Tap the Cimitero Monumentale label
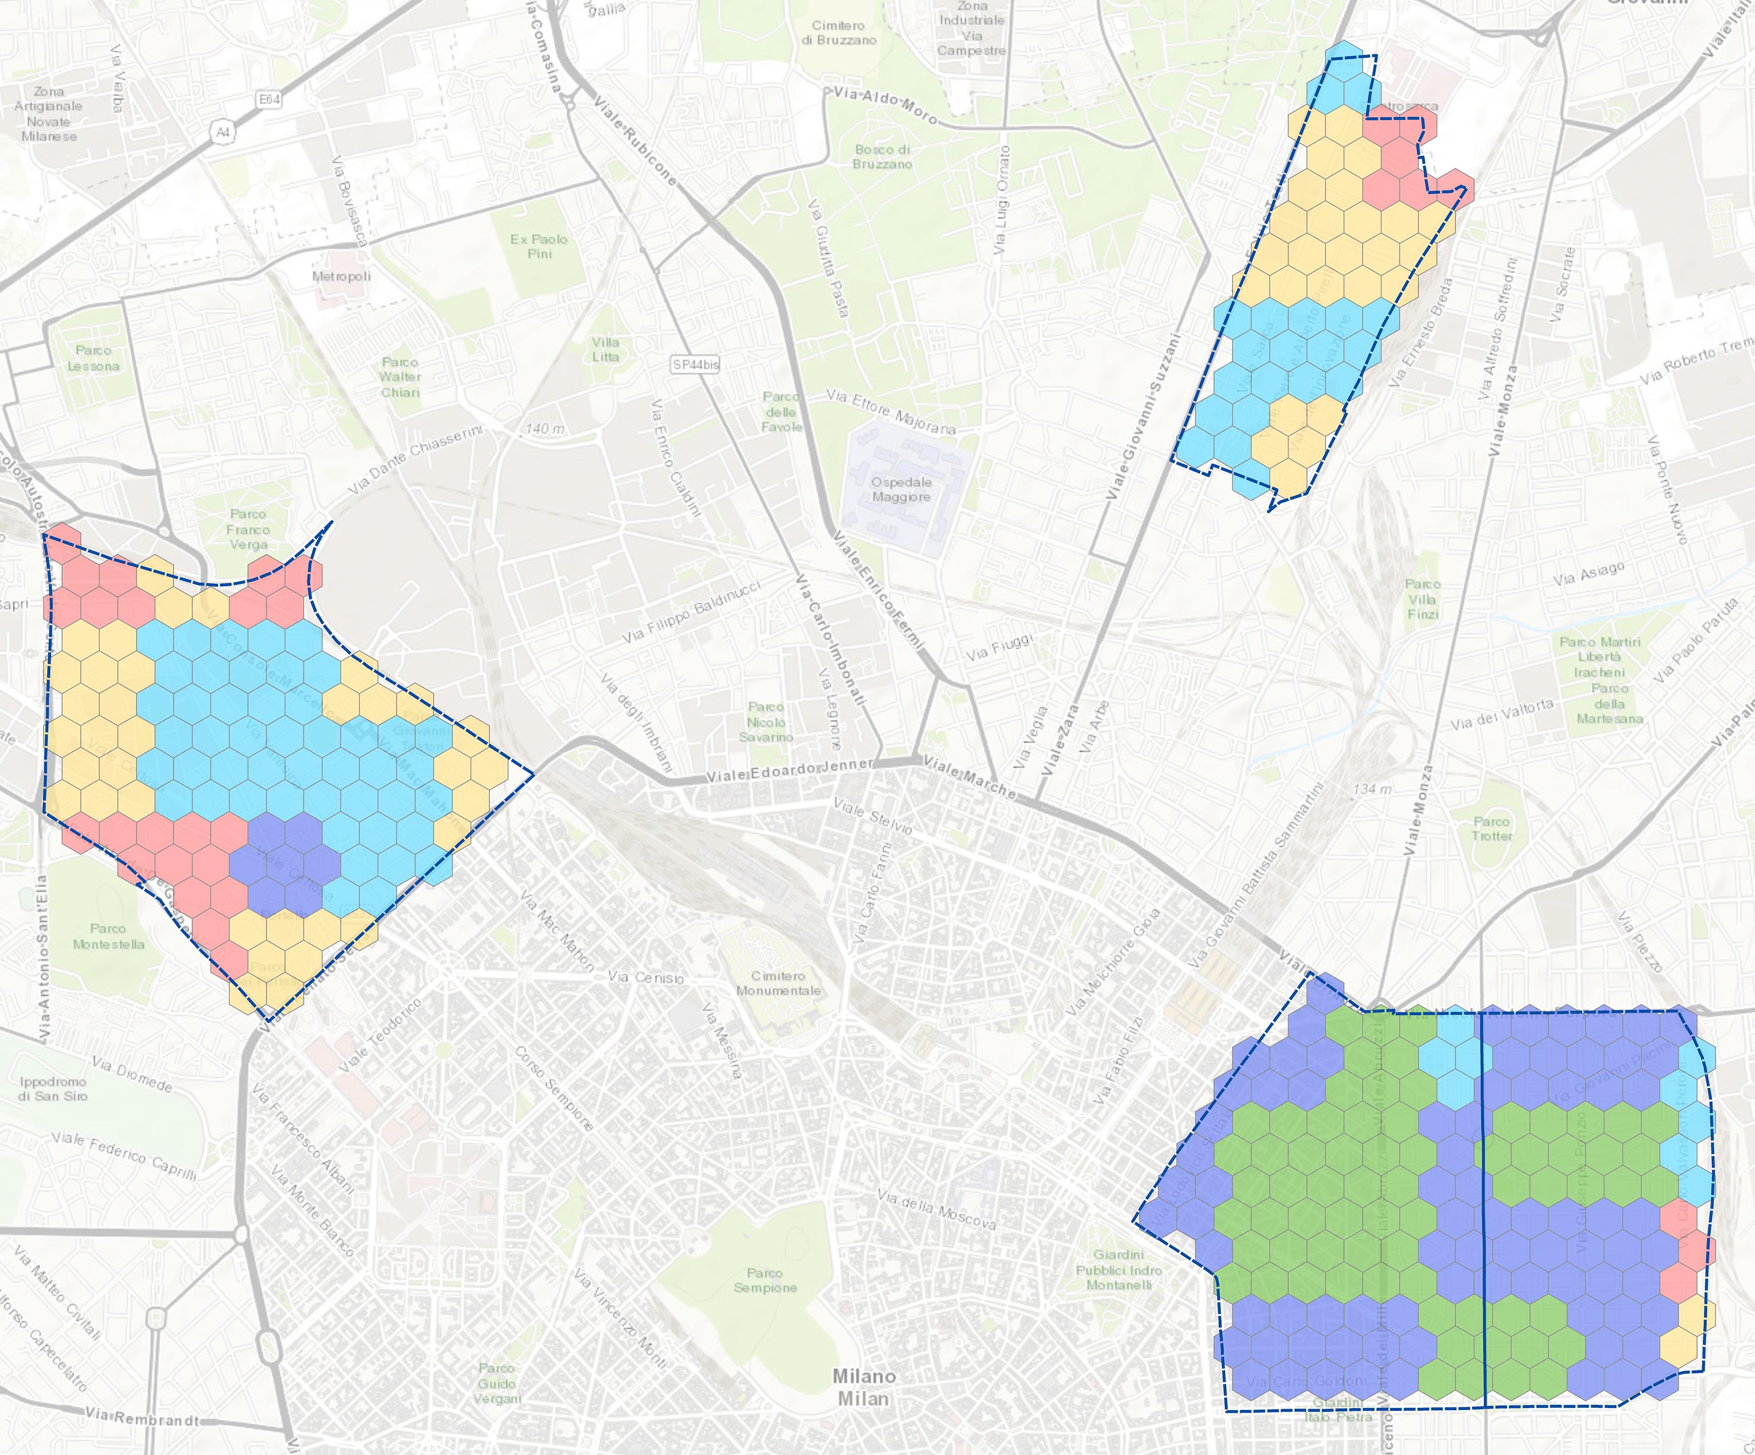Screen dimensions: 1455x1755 [x=778, y=983]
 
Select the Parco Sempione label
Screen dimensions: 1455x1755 [x=765, y=1280]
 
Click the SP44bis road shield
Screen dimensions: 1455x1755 [x=695, y=364]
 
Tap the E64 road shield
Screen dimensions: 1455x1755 [x=269, y=99]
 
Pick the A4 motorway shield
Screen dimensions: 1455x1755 [x=222, y=132]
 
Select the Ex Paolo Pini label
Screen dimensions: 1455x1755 [x=539, y=246]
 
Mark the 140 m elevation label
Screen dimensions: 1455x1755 [x=545, y=428]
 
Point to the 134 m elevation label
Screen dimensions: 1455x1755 [x=1372, y=788]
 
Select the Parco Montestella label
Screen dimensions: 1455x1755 [x=109, y=936]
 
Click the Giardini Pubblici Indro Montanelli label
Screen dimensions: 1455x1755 [x=1119, y=1270]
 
